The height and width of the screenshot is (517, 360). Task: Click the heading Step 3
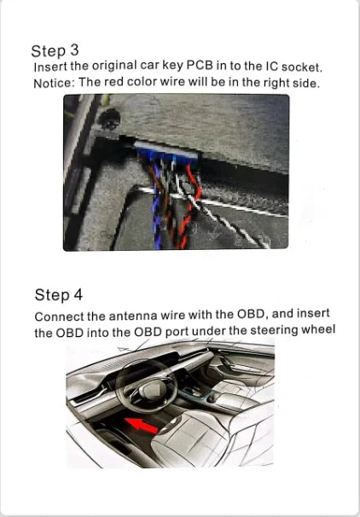(x=55, y=50)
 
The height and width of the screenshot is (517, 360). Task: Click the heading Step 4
(x=59, y=294)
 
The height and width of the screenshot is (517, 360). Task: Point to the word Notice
(x=55, y=84)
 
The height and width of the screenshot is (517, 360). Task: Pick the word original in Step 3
(x=114, y=66)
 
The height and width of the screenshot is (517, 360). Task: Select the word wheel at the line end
(x=318, y=329)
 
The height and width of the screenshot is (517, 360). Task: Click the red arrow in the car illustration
(x=141, y=425)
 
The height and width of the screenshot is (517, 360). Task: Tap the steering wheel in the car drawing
(x=147, y=386)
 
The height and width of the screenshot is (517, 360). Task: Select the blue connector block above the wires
(x=166, y=153)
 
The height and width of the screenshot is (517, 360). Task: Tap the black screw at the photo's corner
(x=109, y=119)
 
